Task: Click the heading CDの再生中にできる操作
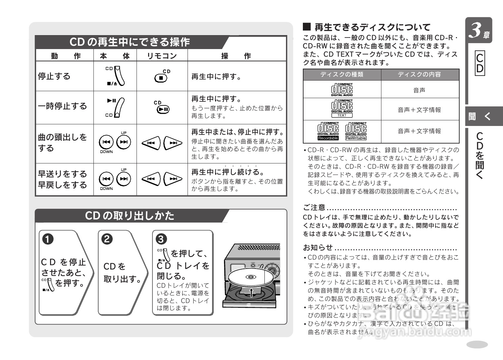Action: (x=130, y=42)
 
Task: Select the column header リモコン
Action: (x=162, y=56)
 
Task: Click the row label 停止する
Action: (x=54, y=76)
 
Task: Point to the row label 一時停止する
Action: (x=62, y=106)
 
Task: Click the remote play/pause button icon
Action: (x=163, y=109)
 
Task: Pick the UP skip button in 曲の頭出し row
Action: (x=124, y=142)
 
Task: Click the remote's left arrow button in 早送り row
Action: (x=151, y=179)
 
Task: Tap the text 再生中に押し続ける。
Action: (x=228, y=172)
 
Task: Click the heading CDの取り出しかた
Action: (x=130, y=216)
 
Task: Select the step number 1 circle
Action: (x=48, y=239)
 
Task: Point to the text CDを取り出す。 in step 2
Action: (x=122, y=273)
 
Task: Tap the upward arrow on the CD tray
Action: (x=251, y=293)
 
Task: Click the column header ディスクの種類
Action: (x=342, y=75)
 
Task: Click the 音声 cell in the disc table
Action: (x=419, y=90)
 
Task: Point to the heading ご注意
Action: (x=314, y=208)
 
